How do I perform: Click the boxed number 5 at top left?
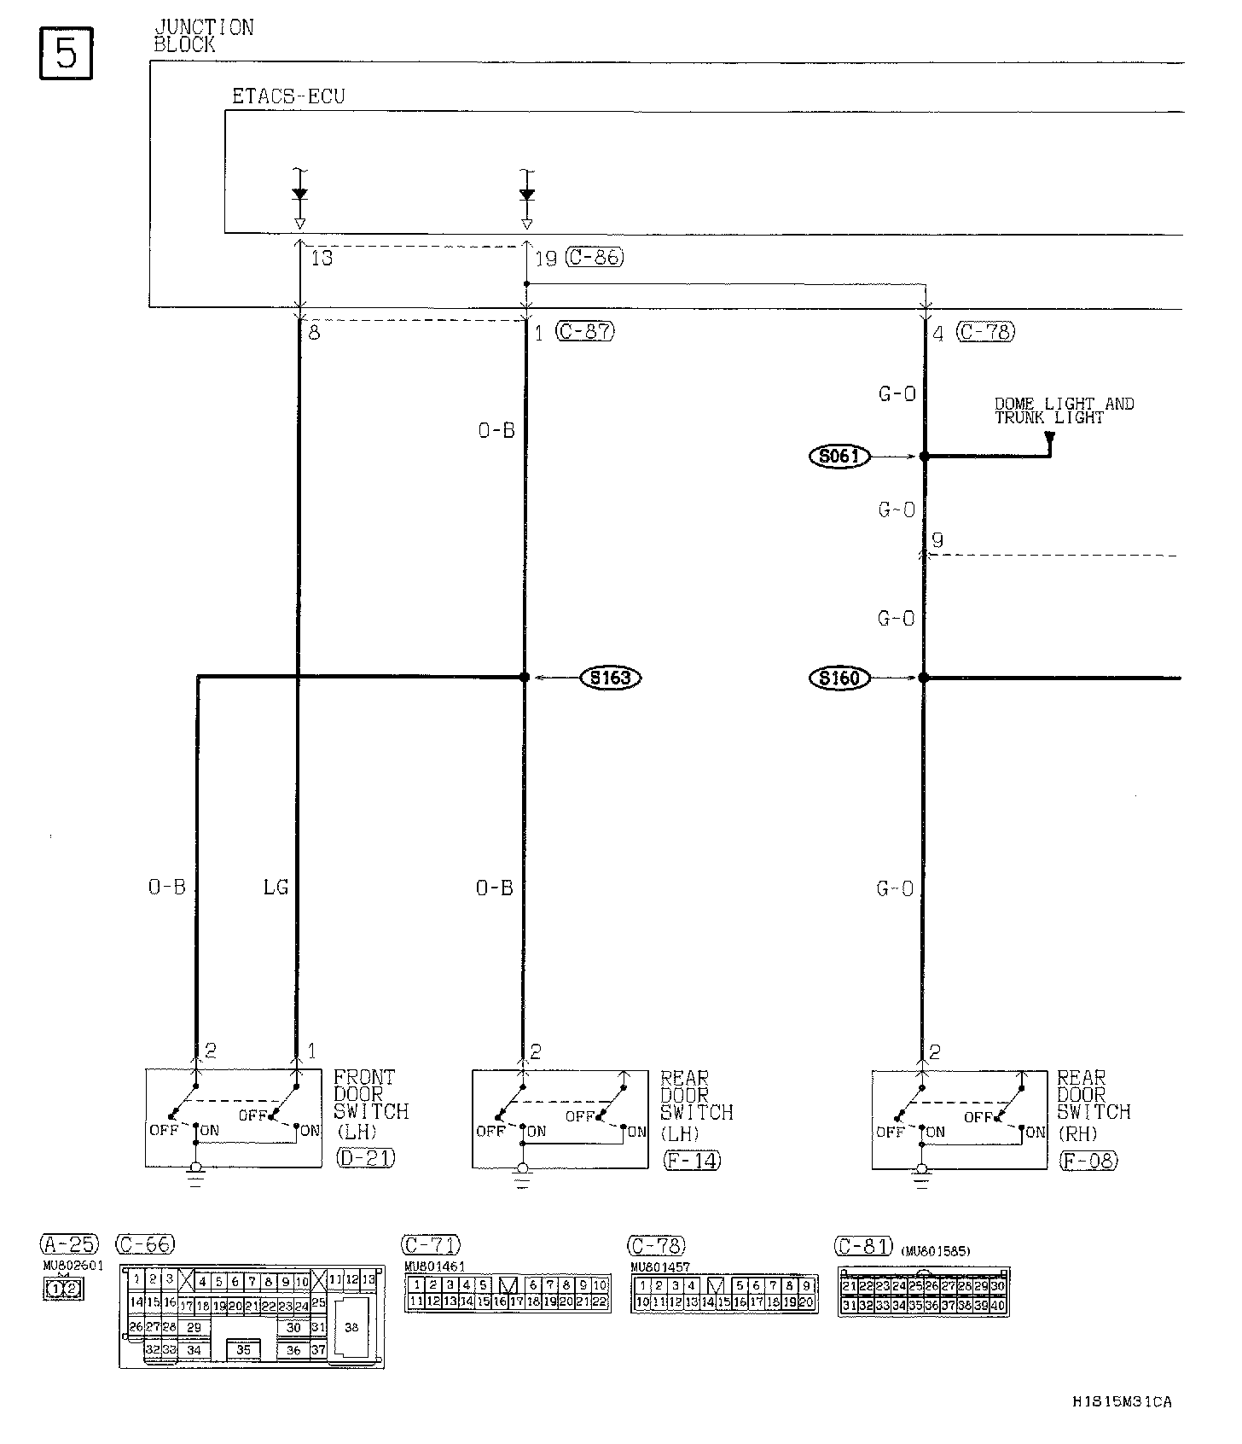point(66,54)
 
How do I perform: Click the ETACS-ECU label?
point(288,96)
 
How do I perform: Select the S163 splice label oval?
point(610,678)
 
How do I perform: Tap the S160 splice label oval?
point(839,678)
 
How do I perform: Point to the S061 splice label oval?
point(839,457)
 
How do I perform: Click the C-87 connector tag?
point(585,331)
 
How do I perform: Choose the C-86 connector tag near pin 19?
point(595,257)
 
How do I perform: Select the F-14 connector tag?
point(692,1160)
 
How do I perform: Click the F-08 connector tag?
point(1088,1160)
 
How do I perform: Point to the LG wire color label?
point(276,888)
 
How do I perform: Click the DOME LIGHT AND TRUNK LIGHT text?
point(1064,410)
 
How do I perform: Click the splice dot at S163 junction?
point(525,677)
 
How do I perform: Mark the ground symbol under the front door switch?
point(195,1179)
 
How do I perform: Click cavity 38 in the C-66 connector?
point(351,1327)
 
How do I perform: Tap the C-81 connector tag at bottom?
point(863,1246)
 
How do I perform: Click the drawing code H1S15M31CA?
point(1122,1401)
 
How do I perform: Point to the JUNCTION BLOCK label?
point(203,36)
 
